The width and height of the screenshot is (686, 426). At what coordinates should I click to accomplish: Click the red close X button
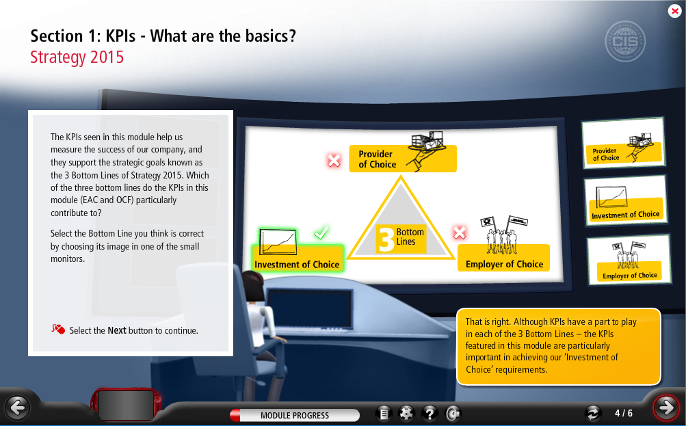coord(674,11)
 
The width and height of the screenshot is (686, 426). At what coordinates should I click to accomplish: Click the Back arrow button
coord(18,408)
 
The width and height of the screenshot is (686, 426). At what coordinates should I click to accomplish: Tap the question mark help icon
coord(430,413)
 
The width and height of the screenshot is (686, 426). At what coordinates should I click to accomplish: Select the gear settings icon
coord(406,413)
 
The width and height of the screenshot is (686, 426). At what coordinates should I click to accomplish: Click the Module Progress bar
coord(294,415)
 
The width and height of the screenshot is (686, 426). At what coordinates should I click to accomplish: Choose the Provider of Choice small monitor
coord(624,143)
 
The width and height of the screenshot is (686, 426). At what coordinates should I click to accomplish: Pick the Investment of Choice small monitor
coord(626,200)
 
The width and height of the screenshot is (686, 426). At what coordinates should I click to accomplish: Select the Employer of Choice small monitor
coord(629,259)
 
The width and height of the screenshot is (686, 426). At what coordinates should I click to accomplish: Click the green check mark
coord(321,232)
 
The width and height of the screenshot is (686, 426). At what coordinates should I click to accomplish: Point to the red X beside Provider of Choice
coord(334,161)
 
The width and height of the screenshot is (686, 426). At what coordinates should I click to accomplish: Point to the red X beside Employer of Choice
coord(460,232)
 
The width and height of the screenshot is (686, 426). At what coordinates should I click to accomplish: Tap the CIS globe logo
coord(624,41)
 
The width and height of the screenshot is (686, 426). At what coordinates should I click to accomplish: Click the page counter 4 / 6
coord(624,413)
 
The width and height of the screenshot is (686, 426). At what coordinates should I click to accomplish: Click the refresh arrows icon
coord(593,413)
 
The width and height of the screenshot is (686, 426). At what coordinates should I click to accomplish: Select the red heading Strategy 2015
coord(77,57)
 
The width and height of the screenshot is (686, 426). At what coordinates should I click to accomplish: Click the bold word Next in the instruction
coord(117,331)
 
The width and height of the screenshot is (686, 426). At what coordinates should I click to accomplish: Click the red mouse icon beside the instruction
coord(58,329)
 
